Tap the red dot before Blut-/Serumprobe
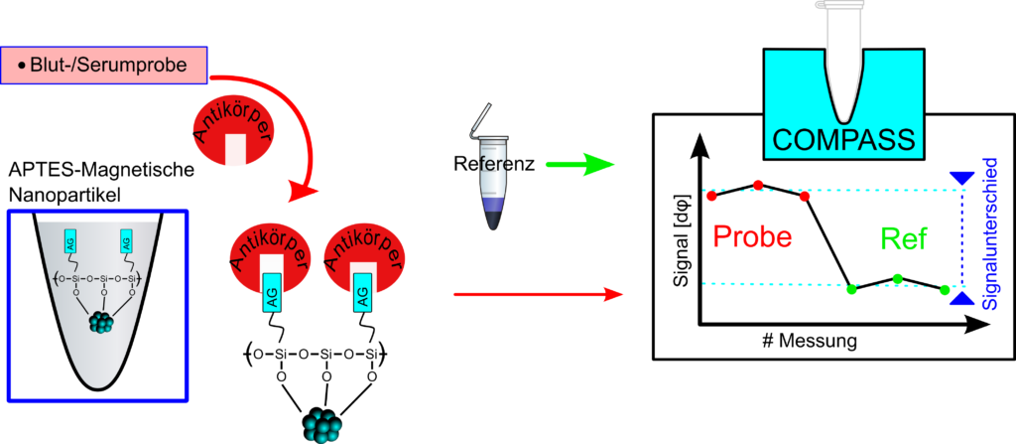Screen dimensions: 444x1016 pos(21,66)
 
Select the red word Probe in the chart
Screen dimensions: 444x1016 pos(753,237)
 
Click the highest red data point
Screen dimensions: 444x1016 pos(759,185)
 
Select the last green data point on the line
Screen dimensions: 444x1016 pos(944,289)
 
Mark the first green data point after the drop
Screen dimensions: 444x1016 pos(851,289)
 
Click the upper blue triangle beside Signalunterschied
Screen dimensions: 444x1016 pos(960,178)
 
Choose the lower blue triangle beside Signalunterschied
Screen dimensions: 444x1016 pos(960,298)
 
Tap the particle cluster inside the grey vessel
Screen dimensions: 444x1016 pos(102,322)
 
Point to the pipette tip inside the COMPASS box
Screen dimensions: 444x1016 pos(845,99)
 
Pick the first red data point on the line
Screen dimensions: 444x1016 pos(711,196)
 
